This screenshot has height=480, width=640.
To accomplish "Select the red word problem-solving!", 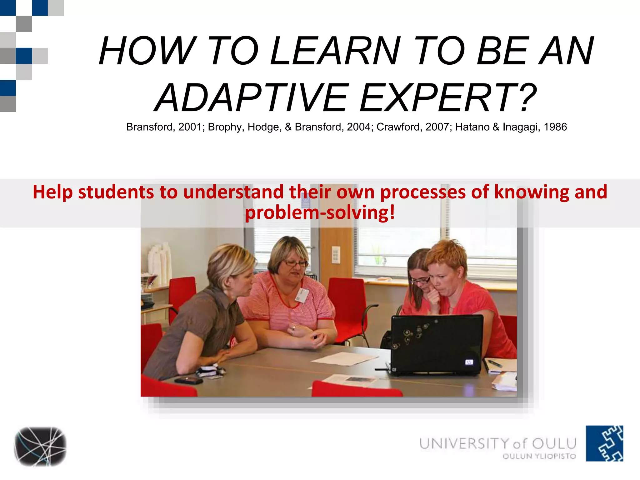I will [x=320, y=213].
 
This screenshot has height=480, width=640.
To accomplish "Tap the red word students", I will [x=116, y=192].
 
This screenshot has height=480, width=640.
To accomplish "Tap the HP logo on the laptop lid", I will [x=469, y=362].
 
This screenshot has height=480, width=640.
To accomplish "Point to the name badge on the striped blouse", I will [x=302, y=295].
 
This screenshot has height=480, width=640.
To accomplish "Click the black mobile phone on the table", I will [x=188, y=380].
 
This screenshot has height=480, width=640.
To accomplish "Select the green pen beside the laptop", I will [x=495, y=363].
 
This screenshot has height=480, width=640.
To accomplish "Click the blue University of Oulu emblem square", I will [x=604, y=443].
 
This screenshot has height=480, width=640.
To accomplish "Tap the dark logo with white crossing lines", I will [x=40, y=446].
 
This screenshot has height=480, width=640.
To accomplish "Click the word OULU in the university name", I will [x=554, y=444].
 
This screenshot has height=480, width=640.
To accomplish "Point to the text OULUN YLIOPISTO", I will [x=539, y=456].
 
